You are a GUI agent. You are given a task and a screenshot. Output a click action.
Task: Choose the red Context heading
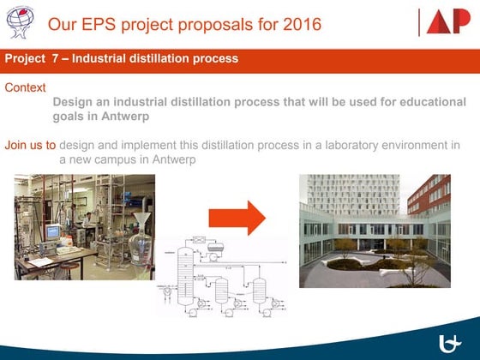click(25, 87)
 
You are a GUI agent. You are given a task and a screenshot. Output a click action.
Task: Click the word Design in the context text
click(72, 101)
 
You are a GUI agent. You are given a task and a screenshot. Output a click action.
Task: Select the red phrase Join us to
click(30, 144)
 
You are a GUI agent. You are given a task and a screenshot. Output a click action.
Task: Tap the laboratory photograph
click(84, 226)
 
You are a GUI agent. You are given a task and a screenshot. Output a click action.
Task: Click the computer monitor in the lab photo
click(53, 231)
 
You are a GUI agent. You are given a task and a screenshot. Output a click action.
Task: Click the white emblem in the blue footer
click(450, 344)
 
